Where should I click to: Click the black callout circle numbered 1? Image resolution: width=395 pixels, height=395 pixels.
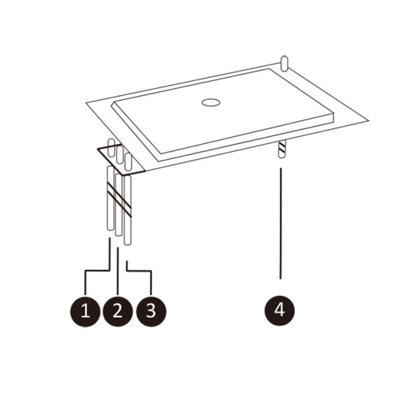[x=85, y=311]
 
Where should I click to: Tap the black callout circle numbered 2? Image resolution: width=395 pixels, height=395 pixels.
[x=118, y=311]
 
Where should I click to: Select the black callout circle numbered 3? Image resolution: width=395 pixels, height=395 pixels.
[x=151, y=311]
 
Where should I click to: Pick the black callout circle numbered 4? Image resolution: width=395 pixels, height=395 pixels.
[x=280, y=311]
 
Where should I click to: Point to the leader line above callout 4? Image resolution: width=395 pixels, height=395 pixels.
[x=280, y=223]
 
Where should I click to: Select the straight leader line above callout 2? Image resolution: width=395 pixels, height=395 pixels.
[x=118, y=271]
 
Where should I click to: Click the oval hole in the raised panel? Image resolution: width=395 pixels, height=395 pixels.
[x=211, y=103]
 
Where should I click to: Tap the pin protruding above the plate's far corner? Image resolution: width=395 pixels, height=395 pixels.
[x=284, y=64]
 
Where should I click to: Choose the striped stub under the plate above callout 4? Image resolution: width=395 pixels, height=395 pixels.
[x=282, y=149]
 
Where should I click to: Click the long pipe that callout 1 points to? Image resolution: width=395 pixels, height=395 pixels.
[x=111, y=198]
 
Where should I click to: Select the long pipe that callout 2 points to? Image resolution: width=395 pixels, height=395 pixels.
[x=118, y=204]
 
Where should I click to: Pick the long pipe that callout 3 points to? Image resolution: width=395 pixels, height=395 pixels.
[x=128, y=210]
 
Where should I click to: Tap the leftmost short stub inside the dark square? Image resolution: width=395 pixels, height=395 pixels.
[x=111, y=147]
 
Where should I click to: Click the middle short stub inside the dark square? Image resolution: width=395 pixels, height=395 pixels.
[x=120, y=155]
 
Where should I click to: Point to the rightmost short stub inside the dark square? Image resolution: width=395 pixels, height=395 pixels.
[x=128, y=161]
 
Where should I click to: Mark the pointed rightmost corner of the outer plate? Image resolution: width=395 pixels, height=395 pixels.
[x=369, y=120]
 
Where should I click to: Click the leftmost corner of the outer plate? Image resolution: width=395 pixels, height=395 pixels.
[x=86, y=103]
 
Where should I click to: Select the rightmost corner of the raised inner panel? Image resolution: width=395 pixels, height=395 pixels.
[x=334, y=115]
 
